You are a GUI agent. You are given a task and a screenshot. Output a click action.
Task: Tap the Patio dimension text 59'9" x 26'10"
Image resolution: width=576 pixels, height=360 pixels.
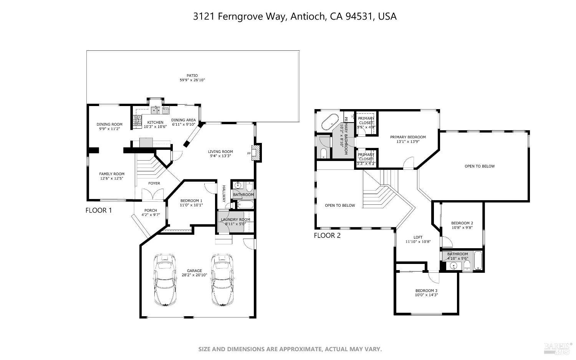pos(192,80)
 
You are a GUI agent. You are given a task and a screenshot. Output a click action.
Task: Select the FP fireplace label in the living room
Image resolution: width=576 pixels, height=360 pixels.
pos(249,154)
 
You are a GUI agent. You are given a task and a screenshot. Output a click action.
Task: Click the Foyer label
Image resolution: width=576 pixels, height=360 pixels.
pos(154,183)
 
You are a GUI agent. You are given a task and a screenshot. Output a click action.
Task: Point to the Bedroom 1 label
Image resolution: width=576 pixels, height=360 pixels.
pos(191,201)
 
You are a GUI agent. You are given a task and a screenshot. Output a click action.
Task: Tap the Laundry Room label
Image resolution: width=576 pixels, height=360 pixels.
pos(235,220)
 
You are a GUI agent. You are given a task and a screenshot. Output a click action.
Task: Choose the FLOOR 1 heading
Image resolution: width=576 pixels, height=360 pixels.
pos(99,211)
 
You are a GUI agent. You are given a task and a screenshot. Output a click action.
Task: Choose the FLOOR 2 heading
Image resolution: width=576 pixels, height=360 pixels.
pos(327,236)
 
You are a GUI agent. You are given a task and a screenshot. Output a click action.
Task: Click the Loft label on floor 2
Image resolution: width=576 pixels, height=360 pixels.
pos(418,237)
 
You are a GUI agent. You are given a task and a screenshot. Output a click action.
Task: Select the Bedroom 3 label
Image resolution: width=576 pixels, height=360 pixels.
pos(426,290)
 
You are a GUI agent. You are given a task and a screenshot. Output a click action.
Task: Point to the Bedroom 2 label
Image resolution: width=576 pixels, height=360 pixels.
pos(462,223)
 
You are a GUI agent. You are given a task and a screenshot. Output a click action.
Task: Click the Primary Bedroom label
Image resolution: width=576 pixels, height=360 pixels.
pos(408,137)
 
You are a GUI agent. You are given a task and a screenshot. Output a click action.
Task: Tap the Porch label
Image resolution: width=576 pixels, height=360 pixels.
pos(151,210)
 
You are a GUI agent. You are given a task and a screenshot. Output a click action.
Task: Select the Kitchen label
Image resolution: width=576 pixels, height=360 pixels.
pos(156,122)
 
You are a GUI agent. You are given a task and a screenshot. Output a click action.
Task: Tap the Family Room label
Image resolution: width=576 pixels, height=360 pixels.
pos(112,174)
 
